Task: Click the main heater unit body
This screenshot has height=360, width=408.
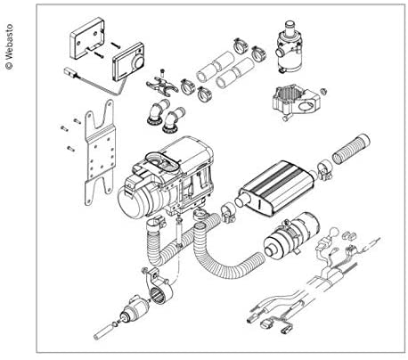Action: pyautogui.click(x=160, y=178)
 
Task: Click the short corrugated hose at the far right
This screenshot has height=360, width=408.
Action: pyautogui.click(x=350, y=143)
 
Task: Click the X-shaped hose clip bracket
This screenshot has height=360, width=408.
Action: pyautogui.click(x=159, y=89)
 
